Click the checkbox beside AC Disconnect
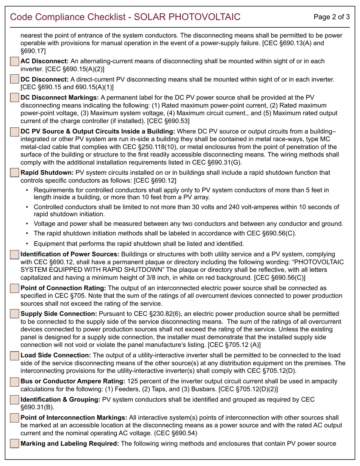tap(14, 61)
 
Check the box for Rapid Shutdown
tap(14, 173)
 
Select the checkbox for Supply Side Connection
tap(14, 314)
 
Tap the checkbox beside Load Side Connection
tap(14, 356)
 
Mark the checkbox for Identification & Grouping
tap(14, 400)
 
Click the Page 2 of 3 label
tap(332, 17)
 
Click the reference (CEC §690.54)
tap(175, 433)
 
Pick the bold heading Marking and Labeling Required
tap(70, 444)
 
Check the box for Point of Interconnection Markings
tap(14, 418)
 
